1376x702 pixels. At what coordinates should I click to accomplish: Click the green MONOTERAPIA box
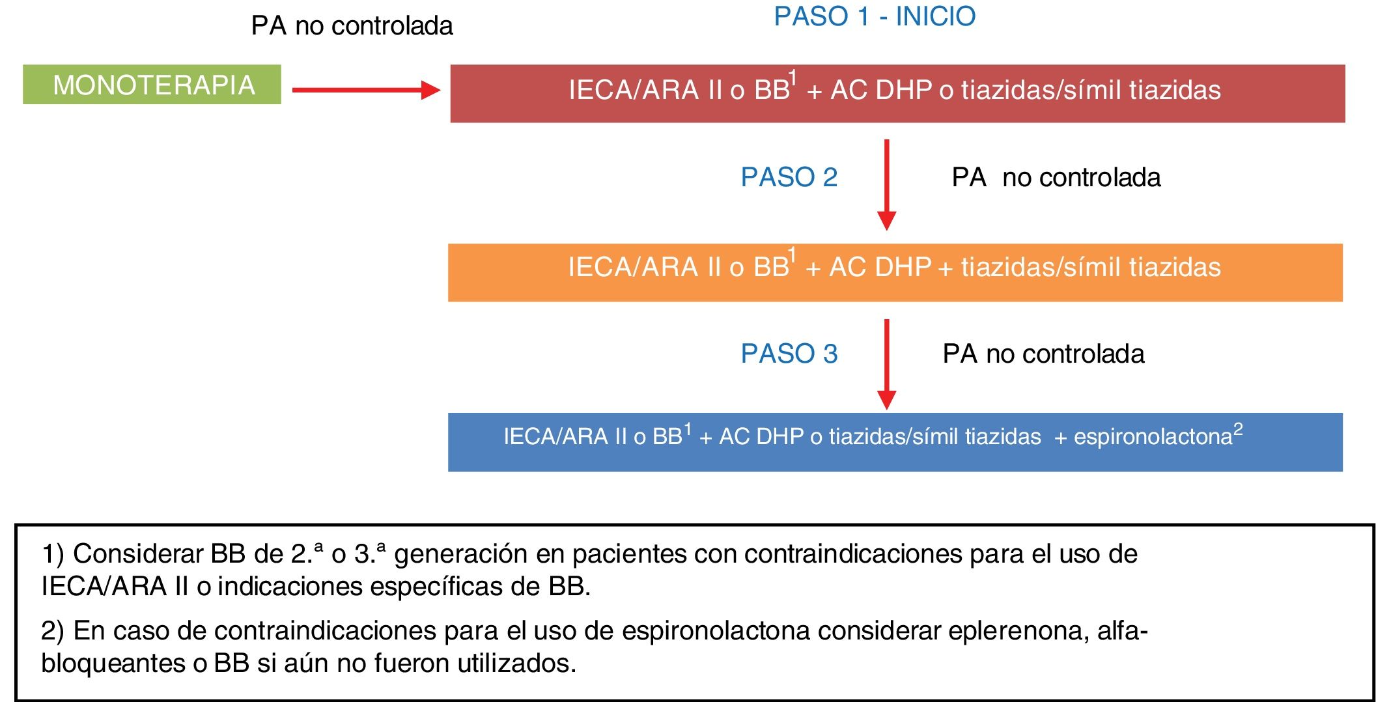click(152, 85)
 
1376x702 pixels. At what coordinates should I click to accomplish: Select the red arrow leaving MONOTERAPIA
click(365, 90)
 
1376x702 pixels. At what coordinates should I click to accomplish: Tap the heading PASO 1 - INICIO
click(875, 16)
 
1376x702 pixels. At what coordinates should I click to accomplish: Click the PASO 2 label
click(789, 177)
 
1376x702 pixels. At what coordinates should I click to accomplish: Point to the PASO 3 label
click(789, 354)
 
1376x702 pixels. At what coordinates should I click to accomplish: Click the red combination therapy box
click(897, 94)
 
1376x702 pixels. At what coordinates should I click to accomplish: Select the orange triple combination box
click(895, 272)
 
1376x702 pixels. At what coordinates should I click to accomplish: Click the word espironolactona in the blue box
click(1153, 436)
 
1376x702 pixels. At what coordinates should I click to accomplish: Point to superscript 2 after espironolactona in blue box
click(1238, 428)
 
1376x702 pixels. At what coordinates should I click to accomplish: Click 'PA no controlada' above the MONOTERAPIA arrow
click(352, 26)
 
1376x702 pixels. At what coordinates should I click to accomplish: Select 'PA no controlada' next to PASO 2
click(1056, 177)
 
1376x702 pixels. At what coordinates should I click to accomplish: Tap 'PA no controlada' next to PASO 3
click(1043, 354)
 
